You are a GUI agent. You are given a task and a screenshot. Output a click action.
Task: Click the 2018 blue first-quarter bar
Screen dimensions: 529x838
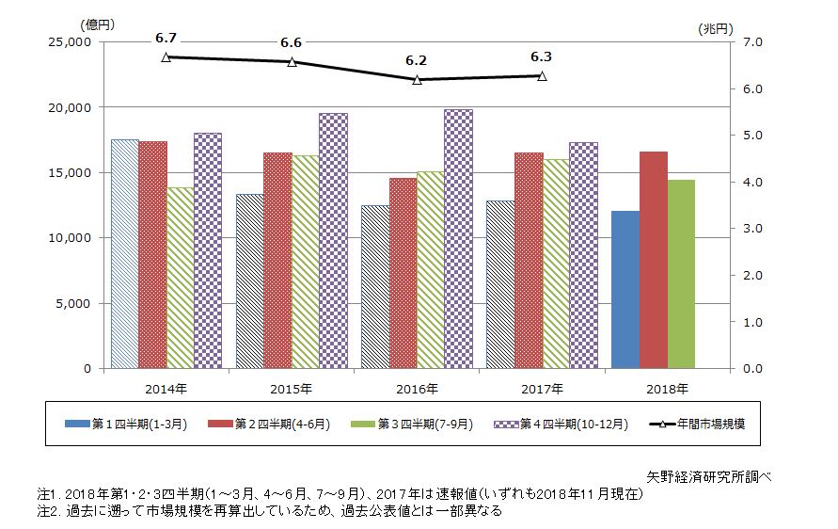tap(625, 290)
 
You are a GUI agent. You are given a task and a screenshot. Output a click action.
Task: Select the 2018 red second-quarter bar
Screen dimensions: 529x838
tap(653, 260)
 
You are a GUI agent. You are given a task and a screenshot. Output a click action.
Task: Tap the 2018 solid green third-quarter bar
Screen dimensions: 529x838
tap(681, 274)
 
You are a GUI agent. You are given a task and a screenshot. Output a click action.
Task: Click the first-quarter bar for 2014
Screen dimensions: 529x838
tap(124, 254)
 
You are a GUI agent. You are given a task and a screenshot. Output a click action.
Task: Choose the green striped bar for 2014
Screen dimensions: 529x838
tap(180, 278)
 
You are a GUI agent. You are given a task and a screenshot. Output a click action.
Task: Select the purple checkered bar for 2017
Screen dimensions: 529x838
tap(583, 255)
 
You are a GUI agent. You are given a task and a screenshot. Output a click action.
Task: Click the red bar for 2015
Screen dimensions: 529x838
tap(277, 260)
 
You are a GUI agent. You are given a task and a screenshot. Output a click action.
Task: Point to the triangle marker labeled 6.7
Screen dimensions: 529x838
tap(166, 57)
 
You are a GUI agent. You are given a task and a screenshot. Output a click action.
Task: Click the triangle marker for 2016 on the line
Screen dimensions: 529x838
tap(417, 80)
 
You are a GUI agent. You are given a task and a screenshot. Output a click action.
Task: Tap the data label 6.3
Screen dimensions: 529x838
tap(542, 56)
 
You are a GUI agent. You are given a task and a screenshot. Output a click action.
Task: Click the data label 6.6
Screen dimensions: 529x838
tap(292, 43)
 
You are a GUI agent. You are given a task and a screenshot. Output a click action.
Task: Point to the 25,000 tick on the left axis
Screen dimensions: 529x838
tap(71, 42)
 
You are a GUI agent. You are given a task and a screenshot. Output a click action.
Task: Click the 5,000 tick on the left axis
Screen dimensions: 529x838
tap(74, 303)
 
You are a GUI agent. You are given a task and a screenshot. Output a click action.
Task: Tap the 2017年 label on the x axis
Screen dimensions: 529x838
tap(542, 388)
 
